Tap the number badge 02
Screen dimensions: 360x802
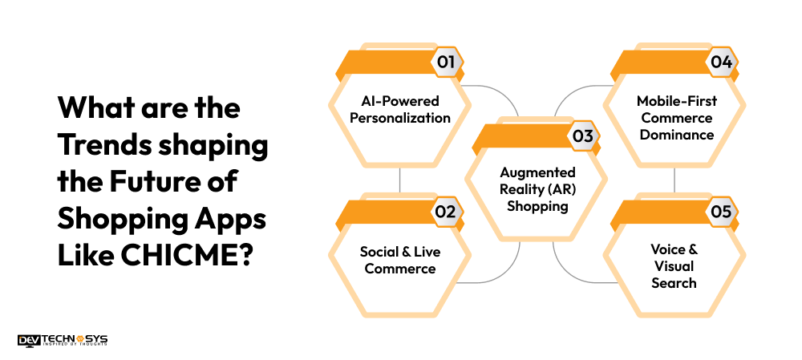point(446,212)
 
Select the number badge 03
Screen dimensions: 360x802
point(583,136)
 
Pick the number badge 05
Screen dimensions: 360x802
point(720,212)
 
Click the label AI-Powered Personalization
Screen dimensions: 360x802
point(399,109)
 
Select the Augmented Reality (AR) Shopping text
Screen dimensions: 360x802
point(537,189)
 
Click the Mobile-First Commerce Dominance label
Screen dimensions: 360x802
point(674,118)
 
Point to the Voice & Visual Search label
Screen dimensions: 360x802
point(674,265)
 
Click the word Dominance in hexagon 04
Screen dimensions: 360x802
point(674,134)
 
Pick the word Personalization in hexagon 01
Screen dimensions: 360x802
point(399,118)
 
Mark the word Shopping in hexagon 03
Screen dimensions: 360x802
point(537,205)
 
